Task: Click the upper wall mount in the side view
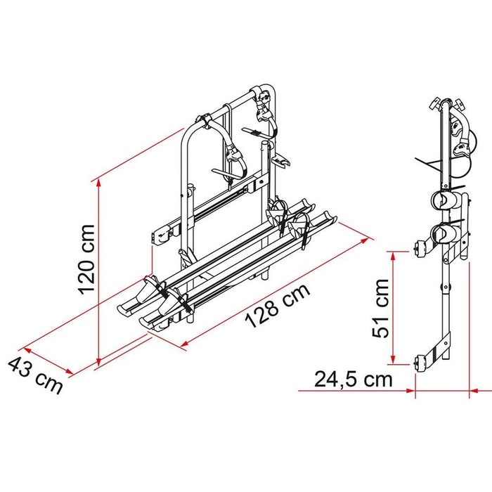[x=422, y=249]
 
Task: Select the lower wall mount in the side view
[x=422, y=364]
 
